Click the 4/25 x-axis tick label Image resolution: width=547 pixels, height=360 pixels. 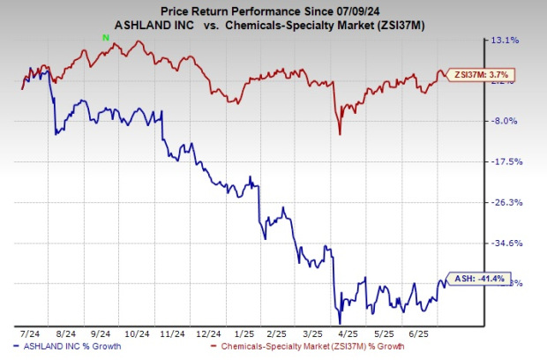(345, 334)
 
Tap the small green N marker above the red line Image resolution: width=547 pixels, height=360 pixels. (106, 36)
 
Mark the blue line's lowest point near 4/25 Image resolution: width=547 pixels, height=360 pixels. (339, 323)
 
